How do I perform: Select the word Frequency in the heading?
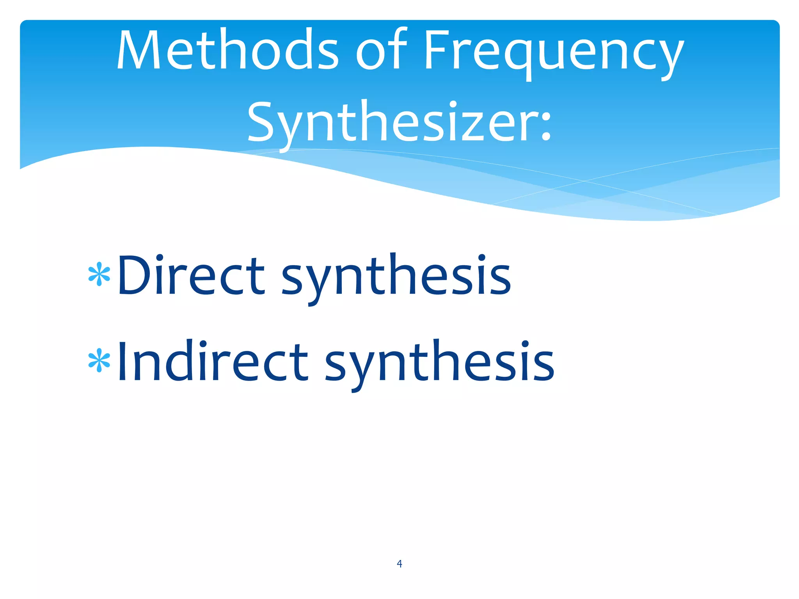pos(554,53)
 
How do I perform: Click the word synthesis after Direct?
pos(396,277)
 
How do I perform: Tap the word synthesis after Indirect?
pos(439,363)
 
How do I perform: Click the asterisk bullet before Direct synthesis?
pos(99,274)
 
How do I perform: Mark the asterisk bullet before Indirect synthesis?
pos(99,360)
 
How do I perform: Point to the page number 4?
pos(399,564)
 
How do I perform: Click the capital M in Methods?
pos(140,50)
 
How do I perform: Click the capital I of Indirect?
pos(123,360)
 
